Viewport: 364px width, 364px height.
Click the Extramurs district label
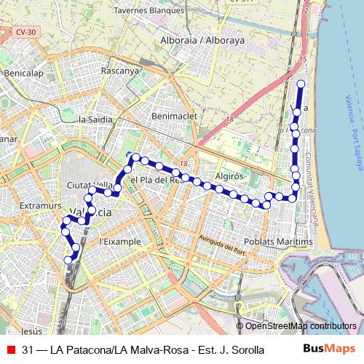tap(39, 207)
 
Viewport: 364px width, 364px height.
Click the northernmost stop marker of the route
tap(300, 84)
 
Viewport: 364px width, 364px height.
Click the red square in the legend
tap(9, 350)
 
